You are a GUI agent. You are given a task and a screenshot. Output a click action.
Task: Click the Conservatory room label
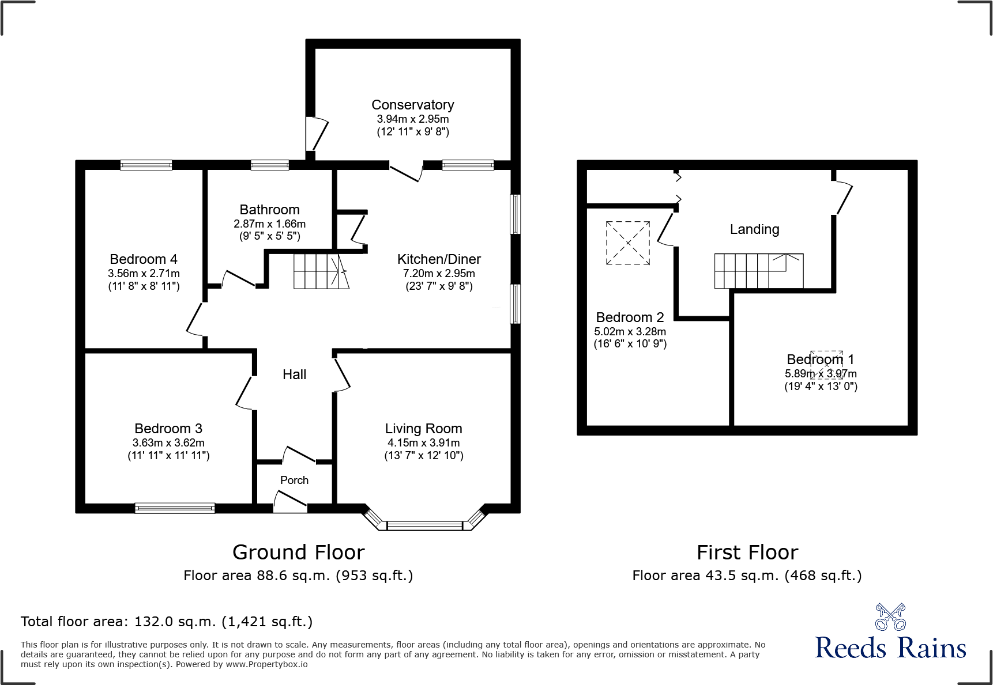412,105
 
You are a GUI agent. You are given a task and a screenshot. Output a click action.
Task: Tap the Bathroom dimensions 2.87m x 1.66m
269,224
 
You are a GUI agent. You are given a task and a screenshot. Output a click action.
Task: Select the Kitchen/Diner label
438,259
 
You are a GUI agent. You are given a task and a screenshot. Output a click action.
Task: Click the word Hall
294,374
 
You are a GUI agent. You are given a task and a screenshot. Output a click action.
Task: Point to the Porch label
294,480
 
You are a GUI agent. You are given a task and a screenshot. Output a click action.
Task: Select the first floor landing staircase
758,271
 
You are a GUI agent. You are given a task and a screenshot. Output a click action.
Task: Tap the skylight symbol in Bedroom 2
627,243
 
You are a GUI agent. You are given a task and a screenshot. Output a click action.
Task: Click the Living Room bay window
424,525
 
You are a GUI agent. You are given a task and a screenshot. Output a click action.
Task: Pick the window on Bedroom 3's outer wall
175,508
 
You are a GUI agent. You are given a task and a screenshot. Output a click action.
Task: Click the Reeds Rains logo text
890,648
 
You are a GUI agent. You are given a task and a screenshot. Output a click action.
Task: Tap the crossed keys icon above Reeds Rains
890,617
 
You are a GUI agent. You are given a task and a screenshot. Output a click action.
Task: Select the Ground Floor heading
298,552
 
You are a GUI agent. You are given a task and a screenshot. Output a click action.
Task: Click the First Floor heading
747,552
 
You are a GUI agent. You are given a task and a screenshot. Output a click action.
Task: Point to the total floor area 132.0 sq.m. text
167,622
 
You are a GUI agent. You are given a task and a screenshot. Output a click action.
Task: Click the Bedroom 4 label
144,259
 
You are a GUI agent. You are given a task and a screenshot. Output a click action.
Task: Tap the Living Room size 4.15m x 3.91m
423,442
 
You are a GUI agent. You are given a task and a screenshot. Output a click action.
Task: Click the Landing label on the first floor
754,229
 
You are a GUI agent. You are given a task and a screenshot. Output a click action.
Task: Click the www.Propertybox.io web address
266,664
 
